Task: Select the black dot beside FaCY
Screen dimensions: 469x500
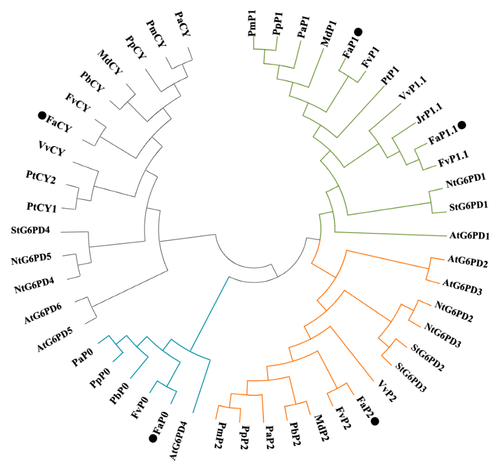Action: point(42,116)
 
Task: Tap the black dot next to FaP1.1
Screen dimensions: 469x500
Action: point(462,125)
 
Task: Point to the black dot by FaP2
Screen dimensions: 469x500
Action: point(375,421)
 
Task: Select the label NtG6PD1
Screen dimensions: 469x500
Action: point(466,180)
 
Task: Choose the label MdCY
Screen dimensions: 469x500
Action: point(110,62)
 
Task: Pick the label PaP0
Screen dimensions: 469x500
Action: point(82,358)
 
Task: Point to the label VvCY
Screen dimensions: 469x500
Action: point(52,148)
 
